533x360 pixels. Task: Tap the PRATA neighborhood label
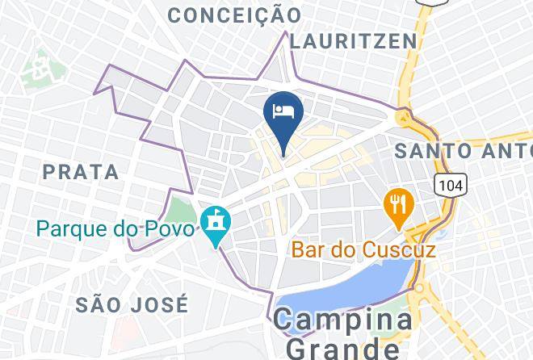[80, 172]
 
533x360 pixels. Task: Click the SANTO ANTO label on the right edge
[463, 150]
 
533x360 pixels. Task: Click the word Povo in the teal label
[169, 228]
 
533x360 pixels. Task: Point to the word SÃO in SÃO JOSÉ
[100, 304]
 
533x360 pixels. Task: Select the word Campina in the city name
[342, 320]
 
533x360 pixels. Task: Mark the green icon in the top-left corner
[36, 69]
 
